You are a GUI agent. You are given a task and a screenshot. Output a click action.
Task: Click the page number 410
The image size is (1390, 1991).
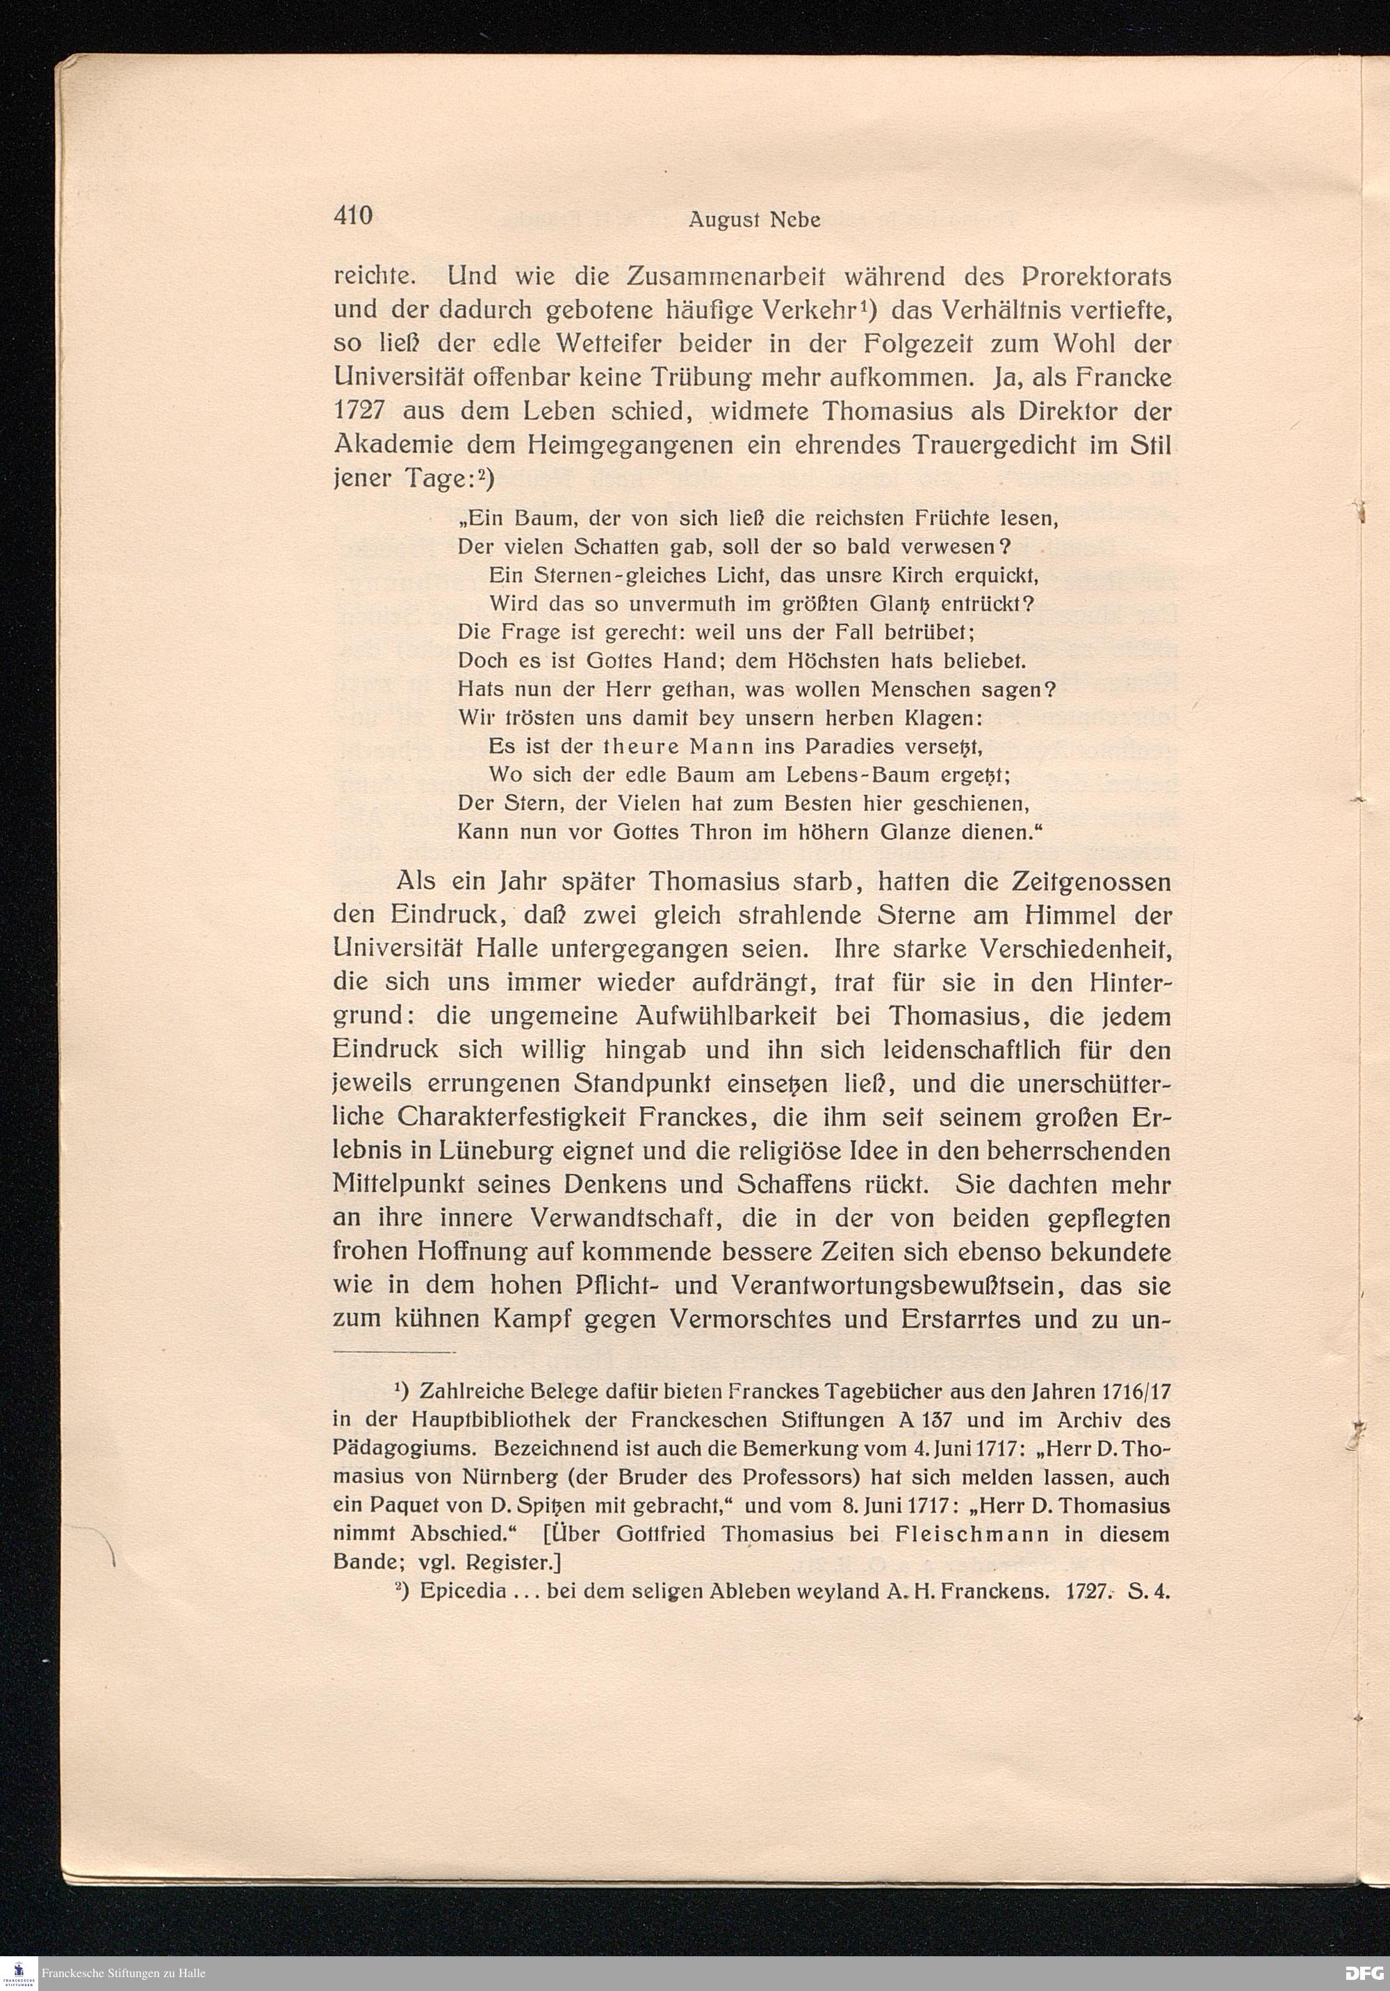click(x=353, y=216)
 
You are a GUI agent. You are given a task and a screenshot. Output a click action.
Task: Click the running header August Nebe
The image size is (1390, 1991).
click(x=754, y=220)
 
